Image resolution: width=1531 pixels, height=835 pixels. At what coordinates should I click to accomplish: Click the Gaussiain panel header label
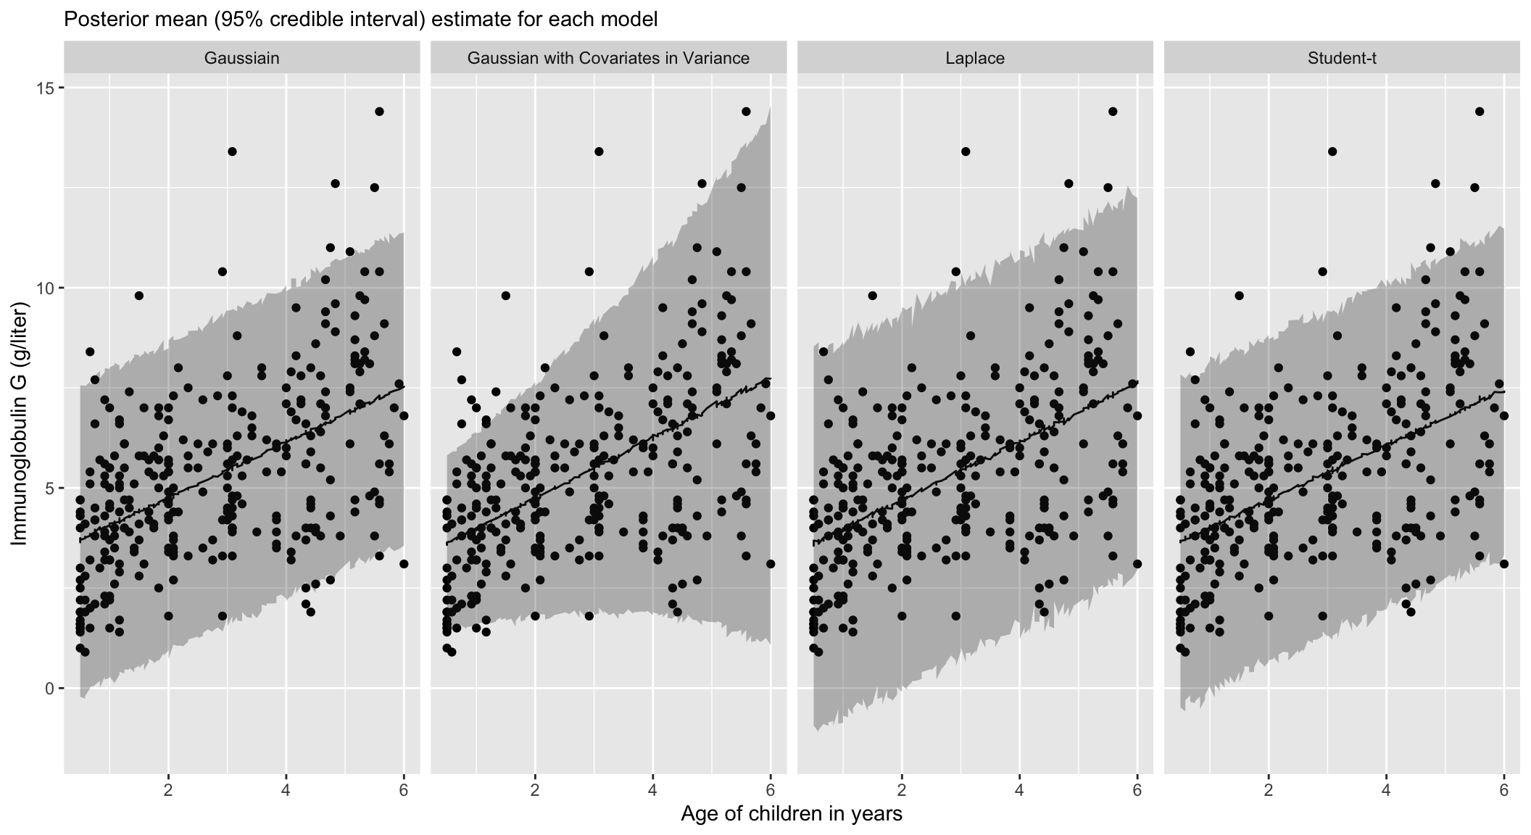click(241, 58)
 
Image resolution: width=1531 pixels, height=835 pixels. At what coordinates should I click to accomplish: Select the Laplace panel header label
click(975, 58)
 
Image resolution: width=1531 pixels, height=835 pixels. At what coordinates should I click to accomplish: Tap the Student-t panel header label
click(1342, 58)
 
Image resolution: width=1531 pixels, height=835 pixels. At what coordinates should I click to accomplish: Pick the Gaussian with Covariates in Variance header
click(608, 58)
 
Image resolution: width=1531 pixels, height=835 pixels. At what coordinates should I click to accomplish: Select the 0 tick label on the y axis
click(51, 688)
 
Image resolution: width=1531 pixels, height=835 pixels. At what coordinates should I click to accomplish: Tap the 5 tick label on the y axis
click(51, 488)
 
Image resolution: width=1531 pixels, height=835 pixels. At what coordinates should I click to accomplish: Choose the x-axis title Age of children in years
click(792, 814)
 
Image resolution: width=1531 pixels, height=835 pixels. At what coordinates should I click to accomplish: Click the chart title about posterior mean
click(361, 20)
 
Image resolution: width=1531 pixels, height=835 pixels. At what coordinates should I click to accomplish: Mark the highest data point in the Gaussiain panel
click(379, 111)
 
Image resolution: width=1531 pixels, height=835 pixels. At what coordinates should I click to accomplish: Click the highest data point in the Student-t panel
click(1480, 111)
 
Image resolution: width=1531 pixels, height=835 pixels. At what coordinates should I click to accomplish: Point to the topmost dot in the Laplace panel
click(1113, 111)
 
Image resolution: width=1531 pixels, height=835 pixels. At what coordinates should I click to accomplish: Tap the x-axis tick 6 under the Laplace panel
click(1137, 789)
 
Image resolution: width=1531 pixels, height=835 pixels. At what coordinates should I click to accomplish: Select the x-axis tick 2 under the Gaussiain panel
click(168, 789)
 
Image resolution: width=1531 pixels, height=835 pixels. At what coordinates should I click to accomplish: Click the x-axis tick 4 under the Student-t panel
click(1387, 789)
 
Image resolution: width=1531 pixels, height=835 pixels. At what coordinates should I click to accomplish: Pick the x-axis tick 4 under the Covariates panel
click(653, 789)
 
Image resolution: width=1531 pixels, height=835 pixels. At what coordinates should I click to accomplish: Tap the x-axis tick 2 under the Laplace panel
click(902, 789)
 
